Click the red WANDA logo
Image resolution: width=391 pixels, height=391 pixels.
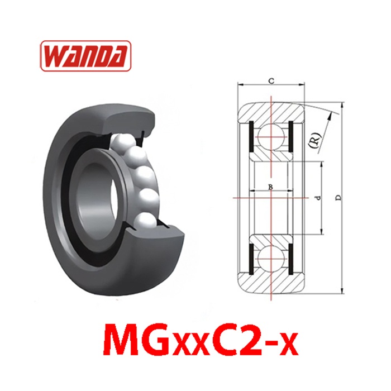point(85,56)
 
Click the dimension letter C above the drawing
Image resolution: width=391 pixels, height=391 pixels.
point(271,80)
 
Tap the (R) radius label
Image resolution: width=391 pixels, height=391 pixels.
point(314,141)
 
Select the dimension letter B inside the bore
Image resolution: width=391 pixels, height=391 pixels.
point(270,187)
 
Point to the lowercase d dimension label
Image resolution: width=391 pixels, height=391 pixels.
point(317,198)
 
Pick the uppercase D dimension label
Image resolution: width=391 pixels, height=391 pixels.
point(338,198)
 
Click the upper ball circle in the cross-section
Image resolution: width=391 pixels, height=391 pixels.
point(271,137)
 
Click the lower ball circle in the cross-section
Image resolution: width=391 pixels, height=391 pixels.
point(271,259)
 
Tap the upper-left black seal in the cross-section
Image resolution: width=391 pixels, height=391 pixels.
point(251,136)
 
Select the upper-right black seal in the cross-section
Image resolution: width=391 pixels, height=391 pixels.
point(290,136)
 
